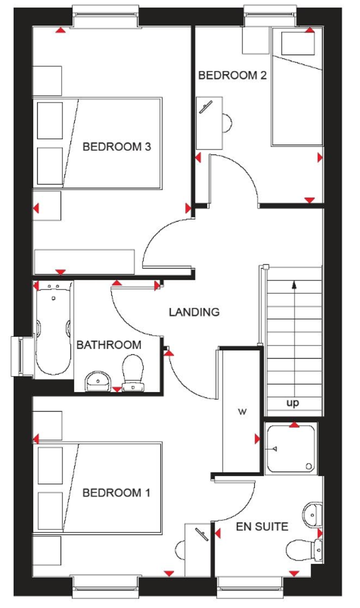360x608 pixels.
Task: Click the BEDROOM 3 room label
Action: click(117, 147)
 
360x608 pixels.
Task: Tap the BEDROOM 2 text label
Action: click(232, 76)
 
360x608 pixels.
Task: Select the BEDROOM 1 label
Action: click(117, 493)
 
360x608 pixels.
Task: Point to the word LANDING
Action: click(194, 312)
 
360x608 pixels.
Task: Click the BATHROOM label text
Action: click(109, 345)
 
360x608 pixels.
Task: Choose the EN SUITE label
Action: click(262, 526)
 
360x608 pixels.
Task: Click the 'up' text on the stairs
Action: click(293, 403)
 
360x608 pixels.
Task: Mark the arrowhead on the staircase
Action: click(294, 283)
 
